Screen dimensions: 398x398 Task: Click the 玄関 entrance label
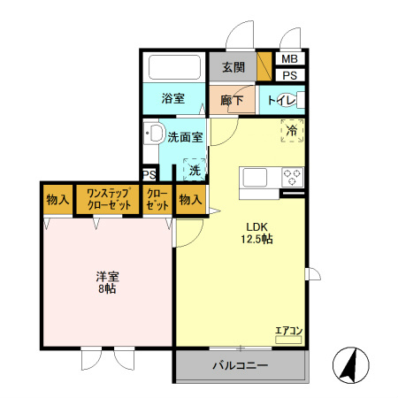click(233, 67)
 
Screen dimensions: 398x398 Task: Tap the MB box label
click(289, 59)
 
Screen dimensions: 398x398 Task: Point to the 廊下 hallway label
click(232, 100)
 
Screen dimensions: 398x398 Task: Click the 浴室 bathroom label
click(172, 99)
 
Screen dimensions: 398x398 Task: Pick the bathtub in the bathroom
click(174, 67)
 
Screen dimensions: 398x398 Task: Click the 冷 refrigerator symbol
click(293, 130)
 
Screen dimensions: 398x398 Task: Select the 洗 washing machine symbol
click(194, 168)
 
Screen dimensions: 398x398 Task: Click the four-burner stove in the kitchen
click(292, 177)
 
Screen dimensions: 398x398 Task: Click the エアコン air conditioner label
click(289, 331)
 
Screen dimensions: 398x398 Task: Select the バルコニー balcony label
click(240, 365)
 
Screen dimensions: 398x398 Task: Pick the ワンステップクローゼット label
click(107, 199)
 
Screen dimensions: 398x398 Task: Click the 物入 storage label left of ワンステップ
click(58, 199)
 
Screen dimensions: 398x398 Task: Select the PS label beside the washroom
click(149, 175)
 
